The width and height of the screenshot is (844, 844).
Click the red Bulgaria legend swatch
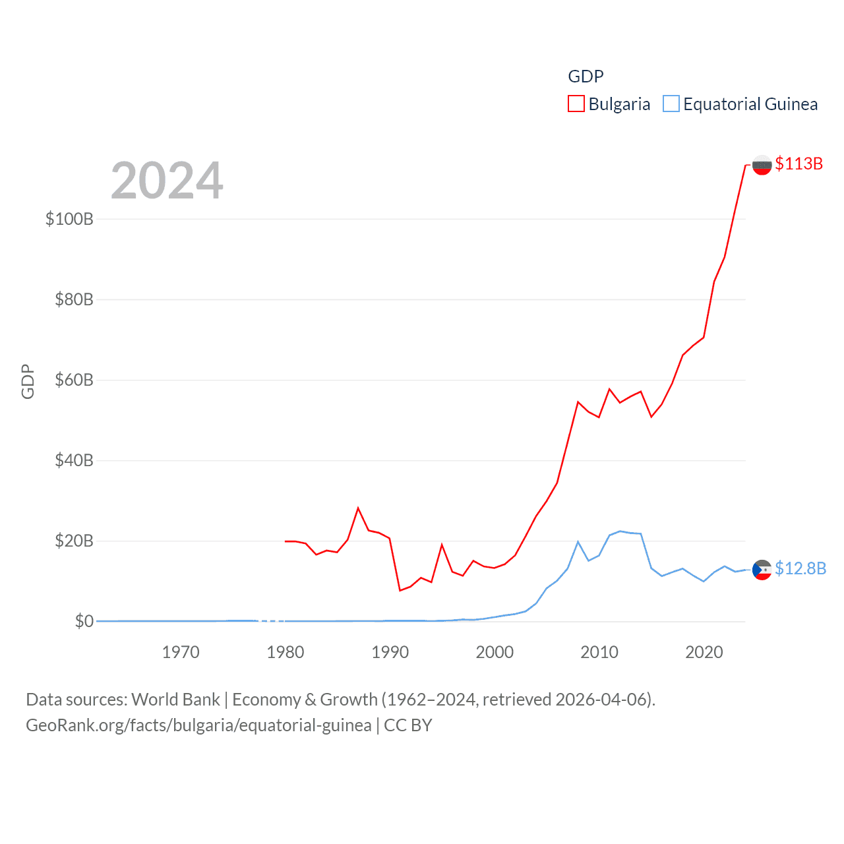tap(576, 104)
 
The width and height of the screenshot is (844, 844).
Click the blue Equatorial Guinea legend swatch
tap(671, 104)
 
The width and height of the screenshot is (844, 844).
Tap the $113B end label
tap(799, 164)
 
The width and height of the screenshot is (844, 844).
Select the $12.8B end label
tap(800, 568)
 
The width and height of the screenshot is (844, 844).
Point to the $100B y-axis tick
tap(69, 219)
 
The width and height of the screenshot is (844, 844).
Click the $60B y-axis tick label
tap(74, 380)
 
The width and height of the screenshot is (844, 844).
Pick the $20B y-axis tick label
tap(74, 541)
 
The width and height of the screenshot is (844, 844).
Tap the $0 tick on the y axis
tap(84, 622)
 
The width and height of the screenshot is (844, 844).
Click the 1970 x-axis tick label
tap(181, 652)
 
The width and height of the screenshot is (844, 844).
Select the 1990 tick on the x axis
tap(390, 652)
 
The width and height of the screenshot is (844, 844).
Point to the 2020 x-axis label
tap(704, 652)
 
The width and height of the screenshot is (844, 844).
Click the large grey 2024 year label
tap(167, 181)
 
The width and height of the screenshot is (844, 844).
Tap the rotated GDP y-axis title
tap(28, 381)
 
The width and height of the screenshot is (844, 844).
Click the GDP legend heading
tap(586, 76)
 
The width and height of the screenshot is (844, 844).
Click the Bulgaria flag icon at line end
tap(762, 165)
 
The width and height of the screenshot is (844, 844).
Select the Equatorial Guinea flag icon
tap(762, 569)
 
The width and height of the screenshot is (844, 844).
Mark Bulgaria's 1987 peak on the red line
tap(358, 508)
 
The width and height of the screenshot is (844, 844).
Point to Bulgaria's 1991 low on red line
tap(400, 590)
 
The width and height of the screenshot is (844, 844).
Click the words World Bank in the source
tap(175, 700)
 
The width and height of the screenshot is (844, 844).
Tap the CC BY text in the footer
tap(407, 725)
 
